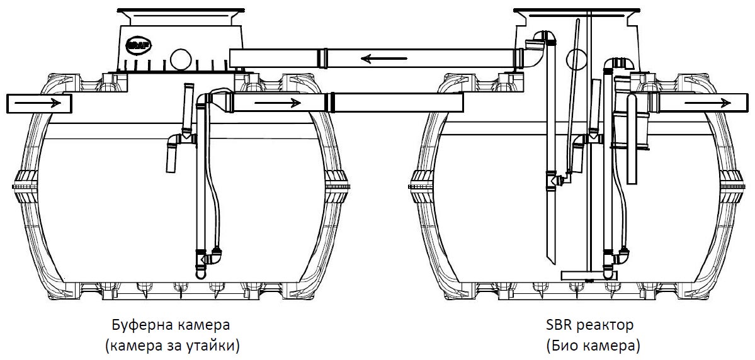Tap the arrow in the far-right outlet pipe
coord(707,102)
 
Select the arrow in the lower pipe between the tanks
coord(277,102)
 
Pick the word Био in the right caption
coord(564,345)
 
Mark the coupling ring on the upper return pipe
coord(322,58)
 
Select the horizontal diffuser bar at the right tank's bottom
coord(582,275)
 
